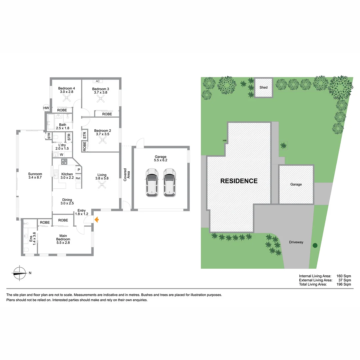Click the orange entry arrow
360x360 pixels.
(x=97, y=220)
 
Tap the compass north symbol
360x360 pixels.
(x=20, y=273)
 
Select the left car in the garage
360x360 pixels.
(x=152, y=182)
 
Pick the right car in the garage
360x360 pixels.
(x=169, y=182)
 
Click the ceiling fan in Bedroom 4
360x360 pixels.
(x=68, y=98)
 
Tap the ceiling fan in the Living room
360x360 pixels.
(x=102, y=186)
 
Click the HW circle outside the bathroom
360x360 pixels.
(x=46, y=108)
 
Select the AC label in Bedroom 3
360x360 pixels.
(x=98, y=81)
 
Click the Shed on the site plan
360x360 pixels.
(x=264, y=88)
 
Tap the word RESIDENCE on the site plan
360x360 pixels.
(x=239, y=181)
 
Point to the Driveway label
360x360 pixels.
(x=296, y=242)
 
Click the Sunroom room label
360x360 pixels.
(x=35, y=176)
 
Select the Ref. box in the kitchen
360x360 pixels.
(x=78, y=178)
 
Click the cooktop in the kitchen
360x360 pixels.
(x=64, y=162)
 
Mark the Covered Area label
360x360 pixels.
(x=127, y=175)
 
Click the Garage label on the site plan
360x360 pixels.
(x=296, y=184)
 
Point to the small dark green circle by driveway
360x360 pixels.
(x=315, y=246)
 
